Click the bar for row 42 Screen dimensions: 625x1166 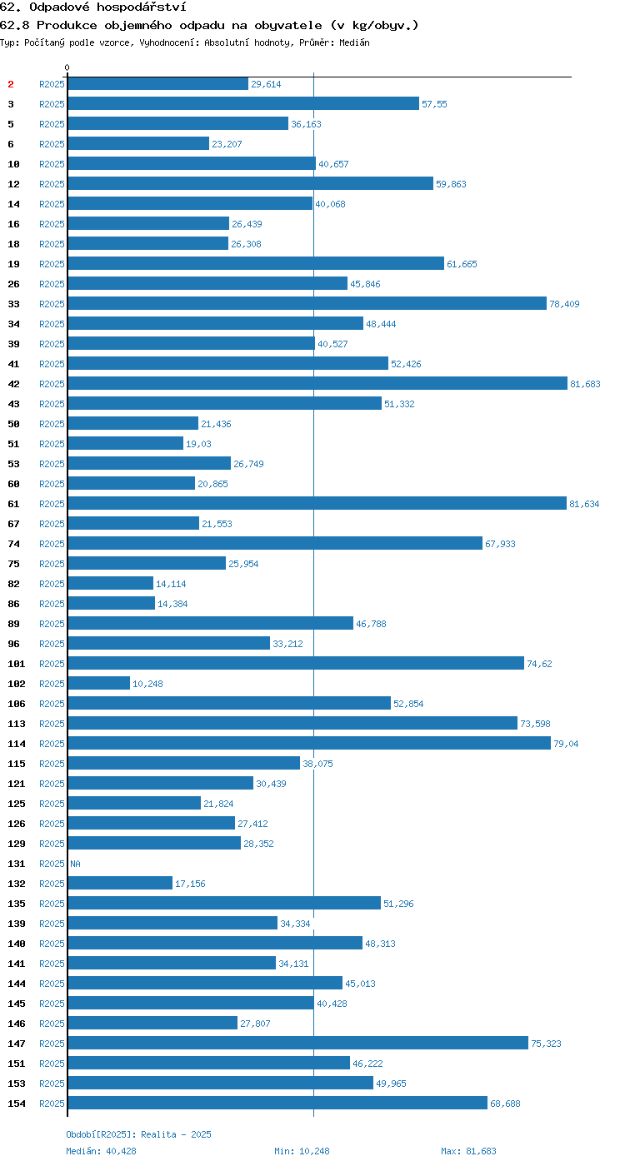pos(317,384)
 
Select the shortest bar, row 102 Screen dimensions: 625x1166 pos(99,684)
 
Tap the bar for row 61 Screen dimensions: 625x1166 pos(317,503)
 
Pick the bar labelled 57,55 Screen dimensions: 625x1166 pos(243,103)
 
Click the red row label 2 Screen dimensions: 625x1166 pos(10,84)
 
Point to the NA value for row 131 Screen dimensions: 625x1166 pos(76,864)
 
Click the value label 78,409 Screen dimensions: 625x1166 pos(564,304)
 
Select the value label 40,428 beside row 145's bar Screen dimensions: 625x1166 pos(332,1004)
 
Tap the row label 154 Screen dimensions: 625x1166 pos(17,1104)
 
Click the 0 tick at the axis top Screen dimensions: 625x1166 pos(67,67)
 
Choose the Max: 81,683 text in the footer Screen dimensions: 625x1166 pos(468,1151)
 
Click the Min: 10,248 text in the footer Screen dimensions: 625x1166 pos(302,1151)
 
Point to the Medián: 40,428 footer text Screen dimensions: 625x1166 pos(101,1151)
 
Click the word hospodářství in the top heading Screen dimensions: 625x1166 pos(141,7)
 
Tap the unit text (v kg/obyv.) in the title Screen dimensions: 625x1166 pos(374,25)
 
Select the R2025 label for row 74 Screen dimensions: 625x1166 pos(52,544)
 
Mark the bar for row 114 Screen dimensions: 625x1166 pos(309,743)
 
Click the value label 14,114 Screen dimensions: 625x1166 pos(171,584)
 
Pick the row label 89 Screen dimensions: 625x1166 pos(13,624)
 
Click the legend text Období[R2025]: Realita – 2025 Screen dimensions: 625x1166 pos(138,1134)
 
